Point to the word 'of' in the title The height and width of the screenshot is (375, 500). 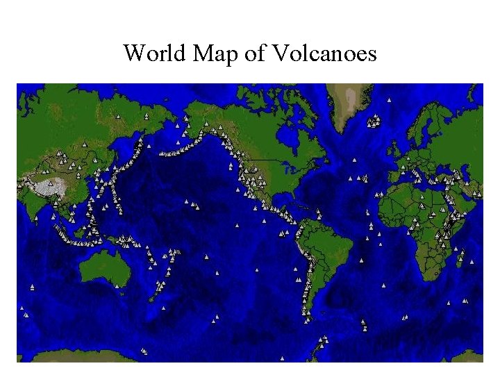point(253,53)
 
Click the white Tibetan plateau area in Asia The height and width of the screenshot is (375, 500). point(52,186)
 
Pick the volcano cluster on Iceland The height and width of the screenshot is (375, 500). point(374,122)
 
